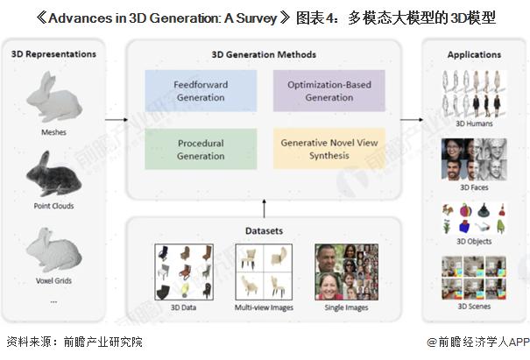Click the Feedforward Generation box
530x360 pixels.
tap(201, 91)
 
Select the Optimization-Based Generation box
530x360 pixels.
tap(329, 91)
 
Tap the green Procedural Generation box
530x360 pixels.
tap(201, 149)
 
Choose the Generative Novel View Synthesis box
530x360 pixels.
tap(329, 149)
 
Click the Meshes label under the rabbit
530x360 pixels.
tap(53, 132)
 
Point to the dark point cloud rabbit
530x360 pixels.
tap(53, 173)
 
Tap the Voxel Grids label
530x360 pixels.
tap(53, 280)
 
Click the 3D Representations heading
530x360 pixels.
tap(53, 54)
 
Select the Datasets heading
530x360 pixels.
tap(264, 231)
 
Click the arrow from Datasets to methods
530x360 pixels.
tap(264, 208)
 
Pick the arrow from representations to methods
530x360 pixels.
tap(117, 119)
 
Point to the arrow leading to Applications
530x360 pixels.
tap(412, 119)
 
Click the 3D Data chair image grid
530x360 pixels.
tap(184, 272)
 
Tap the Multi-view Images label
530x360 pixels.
tap(264, 307)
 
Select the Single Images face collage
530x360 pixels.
tap(346, 272)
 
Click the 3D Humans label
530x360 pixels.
tap(474, 124)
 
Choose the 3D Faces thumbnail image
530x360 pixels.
tap(474, 159)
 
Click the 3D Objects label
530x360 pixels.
tap(474, 242)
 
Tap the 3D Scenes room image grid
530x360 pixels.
tap(474, 278)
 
